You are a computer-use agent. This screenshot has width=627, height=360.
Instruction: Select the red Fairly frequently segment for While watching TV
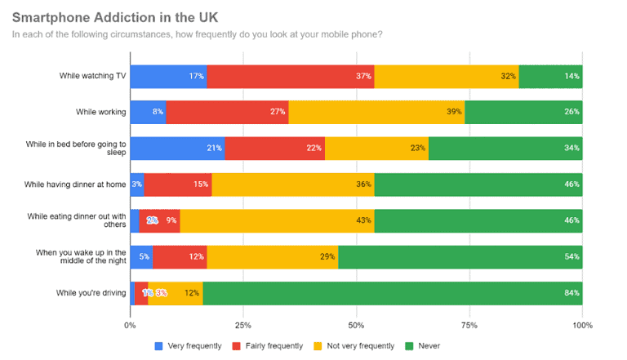(x=290, y=77)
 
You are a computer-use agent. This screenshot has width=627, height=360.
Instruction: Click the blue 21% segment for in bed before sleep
(x=177, y=149)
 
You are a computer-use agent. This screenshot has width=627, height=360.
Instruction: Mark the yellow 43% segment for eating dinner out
(x=277, y=220)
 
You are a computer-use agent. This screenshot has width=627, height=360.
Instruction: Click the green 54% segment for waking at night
(x=460, y=256)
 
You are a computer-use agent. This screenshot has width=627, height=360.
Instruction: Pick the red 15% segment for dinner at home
(x=178, y=184)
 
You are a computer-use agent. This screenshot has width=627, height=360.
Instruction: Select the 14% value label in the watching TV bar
(x=571, y=77)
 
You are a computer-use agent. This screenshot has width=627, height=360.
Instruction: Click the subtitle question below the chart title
(x=197, y=34)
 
